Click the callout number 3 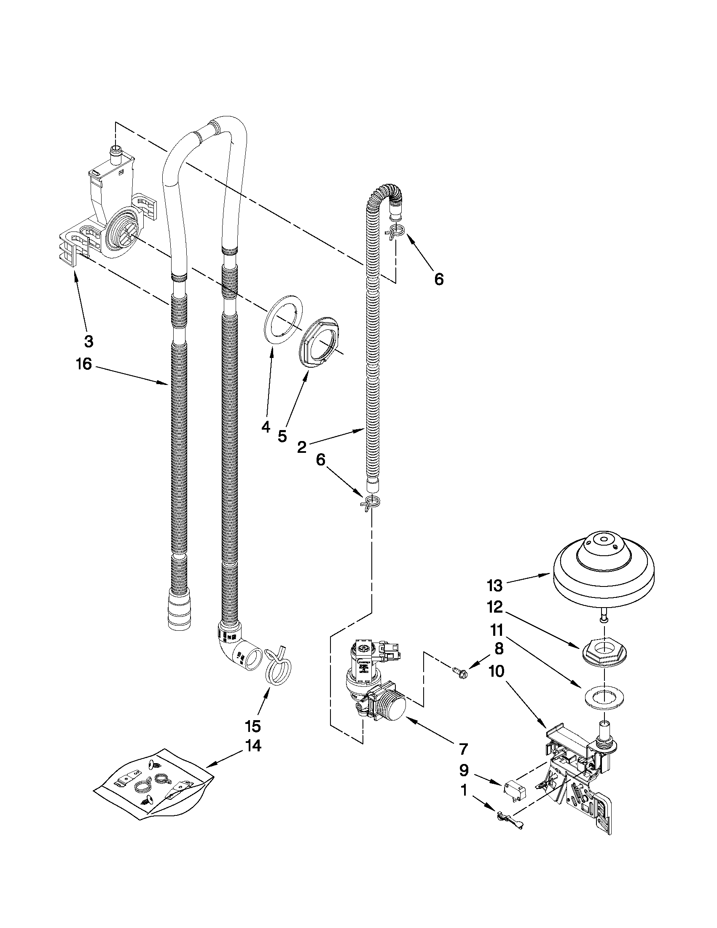88,341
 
